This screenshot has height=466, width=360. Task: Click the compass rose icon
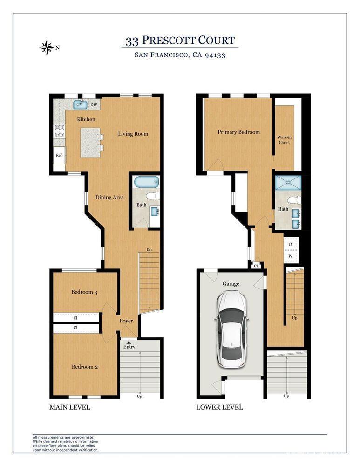click(47, 47)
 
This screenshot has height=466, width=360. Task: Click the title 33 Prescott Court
click(180, 41)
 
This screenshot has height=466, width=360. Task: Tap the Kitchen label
click(86, 119)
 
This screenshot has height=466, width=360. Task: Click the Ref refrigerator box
click(59, 156)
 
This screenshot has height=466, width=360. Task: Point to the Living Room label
click(133, 134)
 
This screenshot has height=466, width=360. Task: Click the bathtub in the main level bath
click(146, 182)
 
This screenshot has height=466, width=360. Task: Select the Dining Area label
click(109, 197)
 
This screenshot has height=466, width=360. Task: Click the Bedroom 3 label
click(84, 292)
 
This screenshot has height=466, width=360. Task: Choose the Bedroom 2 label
click(84, 367)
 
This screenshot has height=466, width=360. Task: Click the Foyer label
click(126, 321)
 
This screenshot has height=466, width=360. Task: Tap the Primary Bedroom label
click(238, 132)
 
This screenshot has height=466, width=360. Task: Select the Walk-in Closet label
click(284, 139)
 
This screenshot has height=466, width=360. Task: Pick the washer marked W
click(291, 255)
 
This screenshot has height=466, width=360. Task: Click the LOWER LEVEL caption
click(219, 407)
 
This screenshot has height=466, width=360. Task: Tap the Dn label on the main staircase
click(149, 250)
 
